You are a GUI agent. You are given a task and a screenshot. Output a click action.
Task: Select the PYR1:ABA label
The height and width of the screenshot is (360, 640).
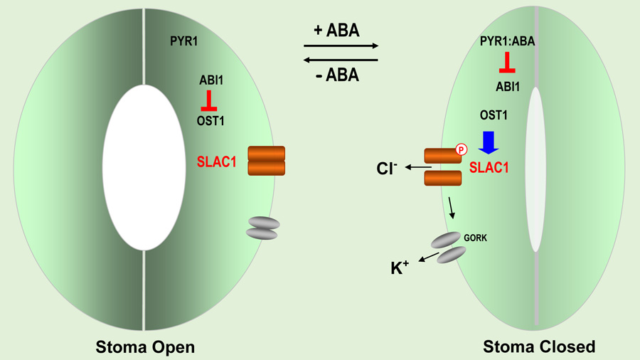pyautogui.click(x=507, y=42)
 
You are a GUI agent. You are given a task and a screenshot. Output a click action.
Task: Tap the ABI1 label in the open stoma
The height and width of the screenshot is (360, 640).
pyautogui.click(x=211, y=80)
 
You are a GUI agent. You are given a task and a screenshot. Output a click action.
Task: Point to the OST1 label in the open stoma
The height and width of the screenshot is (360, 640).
pyautogui.click(x=210, y=121)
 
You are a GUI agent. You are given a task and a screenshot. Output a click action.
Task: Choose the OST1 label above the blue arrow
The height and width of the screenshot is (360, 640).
pyautogui.click(x=494, y=116)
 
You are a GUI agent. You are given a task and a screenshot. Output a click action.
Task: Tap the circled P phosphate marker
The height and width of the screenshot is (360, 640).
pyautogui.click(x=461, y=150)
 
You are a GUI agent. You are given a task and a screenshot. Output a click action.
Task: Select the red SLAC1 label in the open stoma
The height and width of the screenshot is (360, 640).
pyautogui.click(x=216, y=162)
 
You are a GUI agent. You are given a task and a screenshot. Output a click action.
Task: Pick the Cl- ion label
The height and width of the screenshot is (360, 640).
pyautogui.click(x=388, y=169)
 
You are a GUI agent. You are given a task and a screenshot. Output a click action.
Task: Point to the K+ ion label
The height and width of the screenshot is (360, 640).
pyautogui.click(x=400, y=268)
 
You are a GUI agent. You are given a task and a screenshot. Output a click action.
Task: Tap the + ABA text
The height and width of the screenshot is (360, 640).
pyautogui.click(x=336, y=31)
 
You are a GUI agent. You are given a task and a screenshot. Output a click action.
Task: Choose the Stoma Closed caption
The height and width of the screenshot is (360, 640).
pyautogui.click(x=539, y=346)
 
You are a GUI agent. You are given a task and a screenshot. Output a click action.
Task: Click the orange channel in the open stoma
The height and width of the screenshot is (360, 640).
pyautogui.click(x=266, y=161)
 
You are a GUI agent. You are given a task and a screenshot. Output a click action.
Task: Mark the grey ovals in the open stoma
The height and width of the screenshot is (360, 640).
pyautogui.click(x=261, y=228)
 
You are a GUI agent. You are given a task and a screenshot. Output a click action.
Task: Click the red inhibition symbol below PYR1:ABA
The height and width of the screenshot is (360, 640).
pyautogui.click(x=507, y=64)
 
